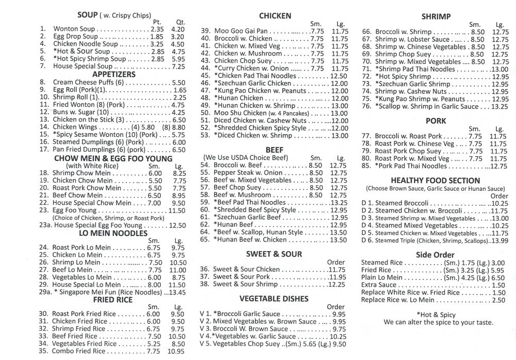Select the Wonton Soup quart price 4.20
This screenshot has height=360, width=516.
coord(178,30)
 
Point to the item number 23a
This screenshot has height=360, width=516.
coord(45,225)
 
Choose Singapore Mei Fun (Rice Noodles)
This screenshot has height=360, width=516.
coord(108,292)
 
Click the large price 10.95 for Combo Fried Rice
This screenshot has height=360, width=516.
coord(176,351)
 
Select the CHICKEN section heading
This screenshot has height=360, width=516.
coord(275,16)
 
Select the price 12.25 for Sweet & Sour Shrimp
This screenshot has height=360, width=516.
coord(336,284)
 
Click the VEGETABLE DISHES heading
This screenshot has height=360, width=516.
coord(274,298)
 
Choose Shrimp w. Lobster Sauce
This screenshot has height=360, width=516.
coord(412,39)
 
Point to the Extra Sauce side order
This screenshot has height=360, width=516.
coord(379,285)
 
